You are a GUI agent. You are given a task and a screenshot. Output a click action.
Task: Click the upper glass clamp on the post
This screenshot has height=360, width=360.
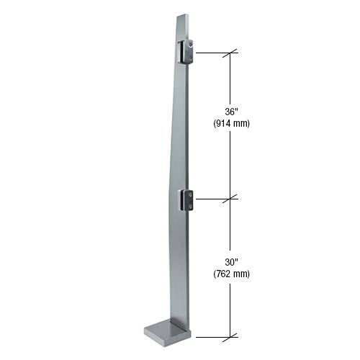pos(185,53)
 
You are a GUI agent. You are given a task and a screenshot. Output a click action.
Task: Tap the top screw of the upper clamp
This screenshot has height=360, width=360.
pos(189,45)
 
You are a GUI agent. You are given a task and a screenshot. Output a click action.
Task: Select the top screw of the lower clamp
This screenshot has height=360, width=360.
pos(189,194)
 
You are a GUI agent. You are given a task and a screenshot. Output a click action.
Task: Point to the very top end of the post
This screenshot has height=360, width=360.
pos(183,15)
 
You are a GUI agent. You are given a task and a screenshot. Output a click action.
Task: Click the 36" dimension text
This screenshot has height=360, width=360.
pos(231,112)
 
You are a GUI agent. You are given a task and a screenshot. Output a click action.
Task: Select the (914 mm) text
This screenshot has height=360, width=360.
pos(231,123)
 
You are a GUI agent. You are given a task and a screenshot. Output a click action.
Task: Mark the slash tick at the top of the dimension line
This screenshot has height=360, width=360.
pos(231,53)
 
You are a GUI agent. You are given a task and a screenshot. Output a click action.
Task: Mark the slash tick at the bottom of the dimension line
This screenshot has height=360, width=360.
pos(231,336)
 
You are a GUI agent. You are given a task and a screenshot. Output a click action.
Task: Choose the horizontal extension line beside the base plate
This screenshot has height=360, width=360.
pos(213,336)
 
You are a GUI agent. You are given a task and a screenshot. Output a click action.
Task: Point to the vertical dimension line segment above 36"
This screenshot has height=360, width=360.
pos(231,79)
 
